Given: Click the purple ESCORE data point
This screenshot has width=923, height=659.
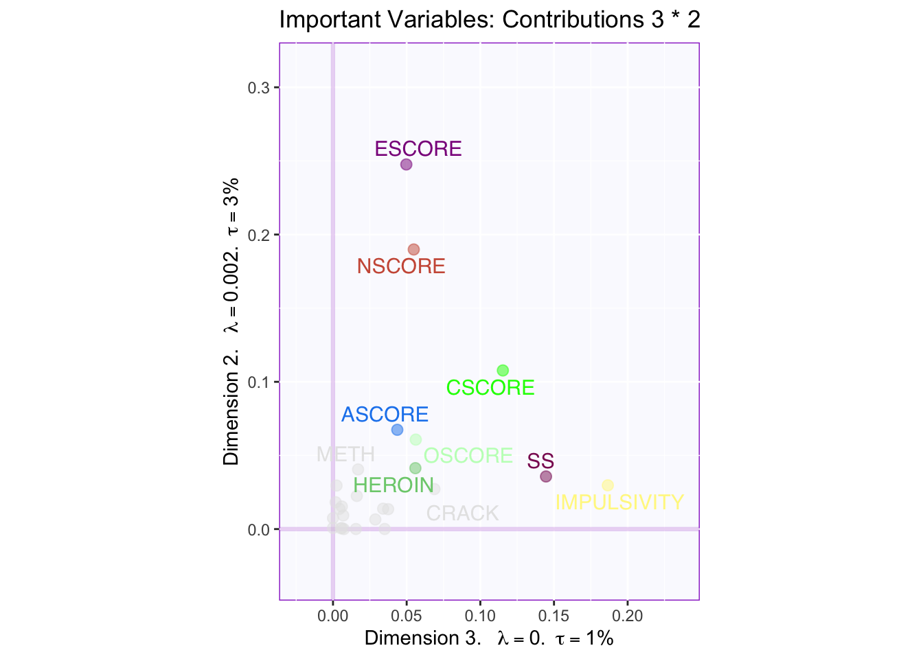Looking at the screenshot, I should (x=406, y=165).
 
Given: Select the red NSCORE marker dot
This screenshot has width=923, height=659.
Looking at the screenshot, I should (x=413, y=249).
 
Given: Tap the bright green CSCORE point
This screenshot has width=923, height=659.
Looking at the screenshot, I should (x=503, y=371).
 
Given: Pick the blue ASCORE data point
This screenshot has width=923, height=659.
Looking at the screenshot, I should (x=397, y=430).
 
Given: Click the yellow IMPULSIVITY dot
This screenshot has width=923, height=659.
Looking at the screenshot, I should (x=608, y=485).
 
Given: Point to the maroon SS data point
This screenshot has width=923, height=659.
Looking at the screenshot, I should (x=546, y=476).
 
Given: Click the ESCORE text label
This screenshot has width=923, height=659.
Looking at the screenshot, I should (x=418, y=149).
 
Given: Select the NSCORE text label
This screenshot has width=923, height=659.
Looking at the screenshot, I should (x=401, y=266).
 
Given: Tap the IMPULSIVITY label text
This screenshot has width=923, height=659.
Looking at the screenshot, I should (x=619, y=502).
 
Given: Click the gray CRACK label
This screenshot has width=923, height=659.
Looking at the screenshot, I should (x=462, y=513).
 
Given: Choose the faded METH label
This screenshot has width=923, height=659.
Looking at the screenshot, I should (x=345, y=454).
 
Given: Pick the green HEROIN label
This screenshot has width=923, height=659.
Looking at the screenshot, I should (x=394, y=485).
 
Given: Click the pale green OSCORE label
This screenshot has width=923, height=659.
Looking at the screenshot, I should (x=468, y=456).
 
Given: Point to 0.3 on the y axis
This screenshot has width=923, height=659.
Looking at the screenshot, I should (x=259, y=88).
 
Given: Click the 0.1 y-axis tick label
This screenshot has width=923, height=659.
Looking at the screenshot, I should (x=259, y=382).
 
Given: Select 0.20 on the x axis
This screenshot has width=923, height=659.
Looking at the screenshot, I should (x=628, y=616).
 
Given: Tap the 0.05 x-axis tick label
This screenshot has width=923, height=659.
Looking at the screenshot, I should (x=407, y=616).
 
